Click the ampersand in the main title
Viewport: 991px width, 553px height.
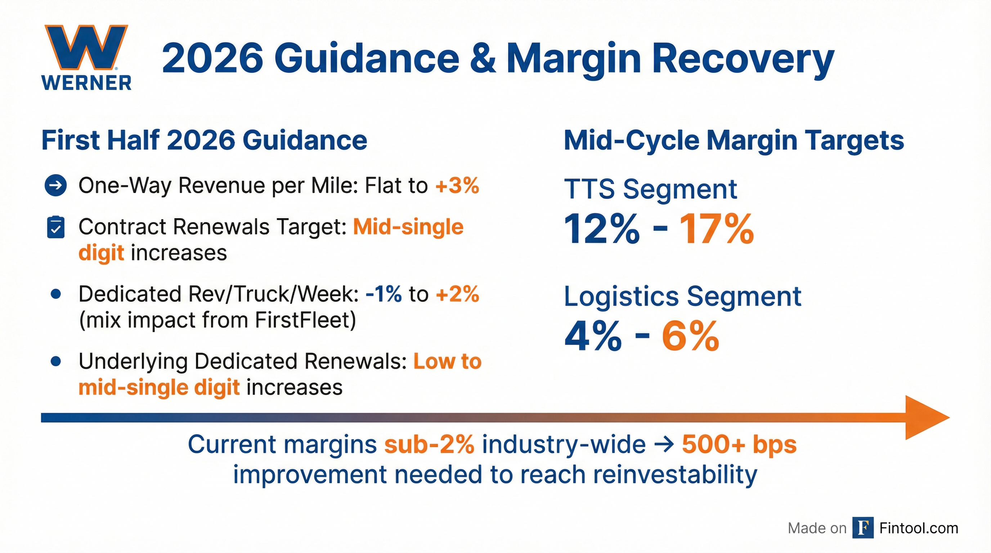tap(483, 58)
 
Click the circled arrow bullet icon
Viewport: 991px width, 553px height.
tap(56, 186)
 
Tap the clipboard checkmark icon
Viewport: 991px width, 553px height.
tap(56, 227)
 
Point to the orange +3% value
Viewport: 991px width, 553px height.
tap(457, 185)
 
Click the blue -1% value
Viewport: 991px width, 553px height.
tap(384, 294)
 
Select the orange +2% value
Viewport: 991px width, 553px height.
tap(457, 294)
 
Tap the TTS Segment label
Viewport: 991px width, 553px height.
tap(650, 189)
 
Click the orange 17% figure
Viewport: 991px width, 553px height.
tap(716, 230)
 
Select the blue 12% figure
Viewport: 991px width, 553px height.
tap(602, 230)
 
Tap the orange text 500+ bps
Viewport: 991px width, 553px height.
tap(739, 445)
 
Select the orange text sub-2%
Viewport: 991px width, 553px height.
tap(429, 445)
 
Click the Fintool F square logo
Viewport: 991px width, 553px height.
tap(863, 528)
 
